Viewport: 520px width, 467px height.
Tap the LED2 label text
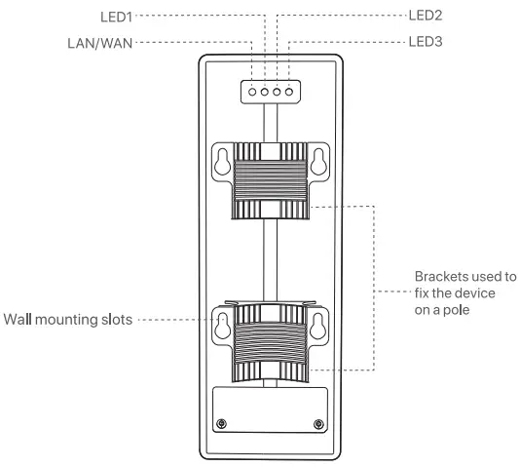point(425,16)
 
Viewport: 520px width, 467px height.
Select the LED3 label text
point(425,42)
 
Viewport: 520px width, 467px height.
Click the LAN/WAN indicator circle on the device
point(253,91)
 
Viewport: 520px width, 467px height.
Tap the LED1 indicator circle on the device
point(265,91)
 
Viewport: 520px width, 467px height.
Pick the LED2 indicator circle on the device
point(277,91)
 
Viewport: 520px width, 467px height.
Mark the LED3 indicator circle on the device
point(288,91)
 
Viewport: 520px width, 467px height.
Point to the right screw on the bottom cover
point(318,421)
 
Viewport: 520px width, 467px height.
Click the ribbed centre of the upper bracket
point(271,181)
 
